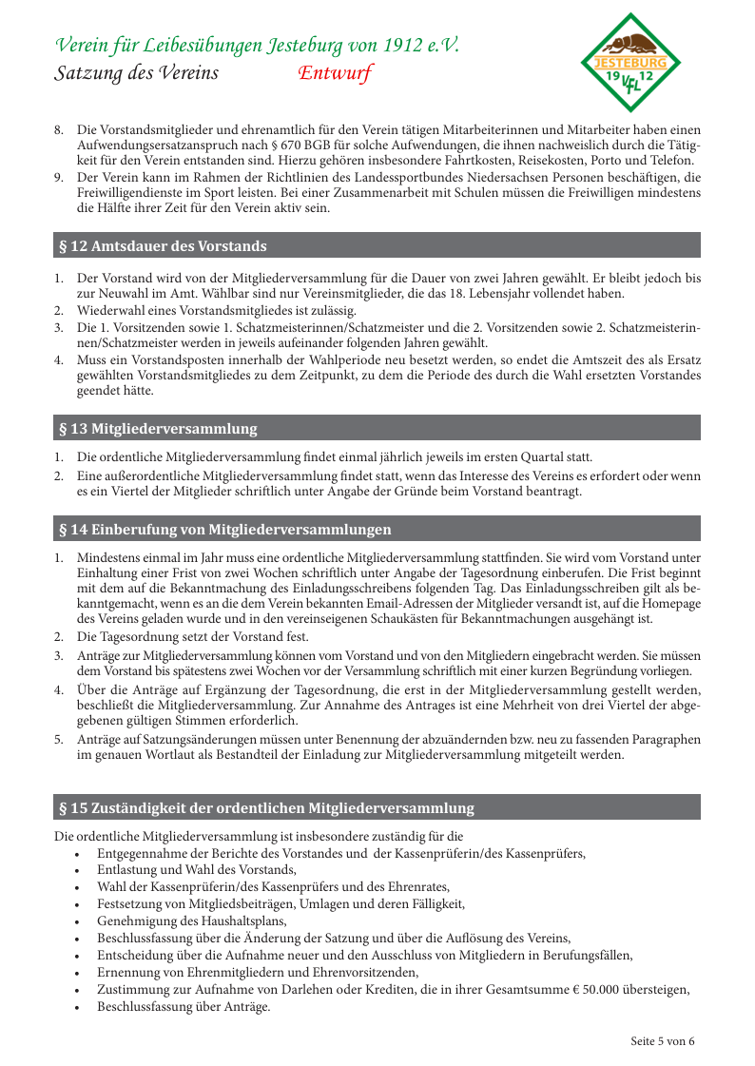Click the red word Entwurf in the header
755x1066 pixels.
click(x=334, y=73)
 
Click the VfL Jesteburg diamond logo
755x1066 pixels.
click(x=630, y=63)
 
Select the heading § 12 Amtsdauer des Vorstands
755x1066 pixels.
click(x=163, y=246)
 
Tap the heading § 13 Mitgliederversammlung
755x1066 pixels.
click(x=158, y=429)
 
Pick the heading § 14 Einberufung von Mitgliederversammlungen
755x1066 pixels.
click(x=225, y=530)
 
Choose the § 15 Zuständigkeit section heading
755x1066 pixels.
click(x=266, y=808)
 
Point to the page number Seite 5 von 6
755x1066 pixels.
click(x=663, y=1040)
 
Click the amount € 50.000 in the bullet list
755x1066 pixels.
click(x=592, y=989)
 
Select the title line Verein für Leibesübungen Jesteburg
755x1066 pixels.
click(x=258, y=45)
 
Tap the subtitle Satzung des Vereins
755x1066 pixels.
click(x=137, y=73)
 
